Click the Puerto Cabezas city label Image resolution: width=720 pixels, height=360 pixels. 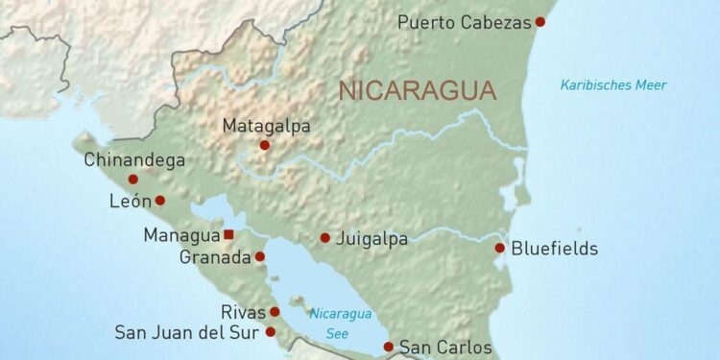[464, 22]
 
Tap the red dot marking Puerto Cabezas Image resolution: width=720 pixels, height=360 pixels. [540, 21]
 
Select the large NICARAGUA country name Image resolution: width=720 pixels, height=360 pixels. [417, 91]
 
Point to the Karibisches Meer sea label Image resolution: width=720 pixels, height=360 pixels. [613, 85]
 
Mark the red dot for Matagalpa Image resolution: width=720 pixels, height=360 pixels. [264, 146]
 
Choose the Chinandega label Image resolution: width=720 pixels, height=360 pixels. [134, 159]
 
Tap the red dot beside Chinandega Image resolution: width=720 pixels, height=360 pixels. [133, 179]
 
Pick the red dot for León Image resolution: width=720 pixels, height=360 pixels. [160, 201]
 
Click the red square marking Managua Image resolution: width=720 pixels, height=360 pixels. [228, 234]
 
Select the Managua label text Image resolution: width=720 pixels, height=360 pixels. [181, 235]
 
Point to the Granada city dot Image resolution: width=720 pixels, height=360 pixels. [260, 256]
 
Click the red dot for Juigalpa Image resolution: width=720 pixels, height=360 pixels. [325, 237]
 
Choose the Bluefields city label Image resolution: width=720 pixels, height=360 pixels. [555, 249]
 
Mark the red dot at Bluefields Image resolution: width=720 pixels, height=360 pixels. [500, 248]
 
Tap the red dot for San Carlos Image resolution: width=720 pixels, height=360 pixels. [389, 347]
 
